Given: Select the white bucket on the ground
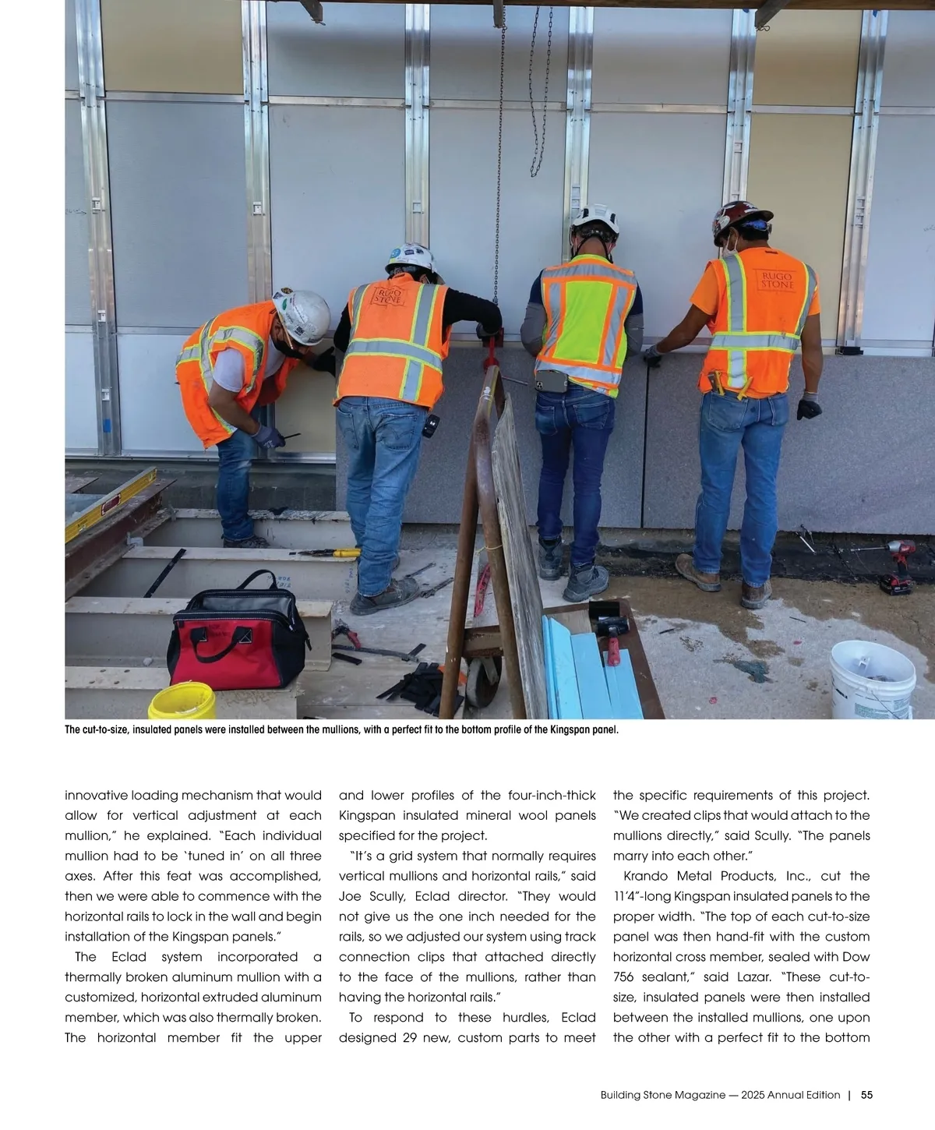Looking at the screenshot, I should pos(872,677).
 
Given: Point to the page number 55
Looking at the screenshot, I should pos(866,1094).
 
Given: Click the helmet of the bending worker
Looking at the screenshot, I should pos(302,315).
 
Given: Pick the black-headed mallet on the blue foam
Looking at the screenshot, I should pos(609,623).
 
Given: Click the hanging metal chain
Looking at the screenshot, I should pos(539,94).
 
